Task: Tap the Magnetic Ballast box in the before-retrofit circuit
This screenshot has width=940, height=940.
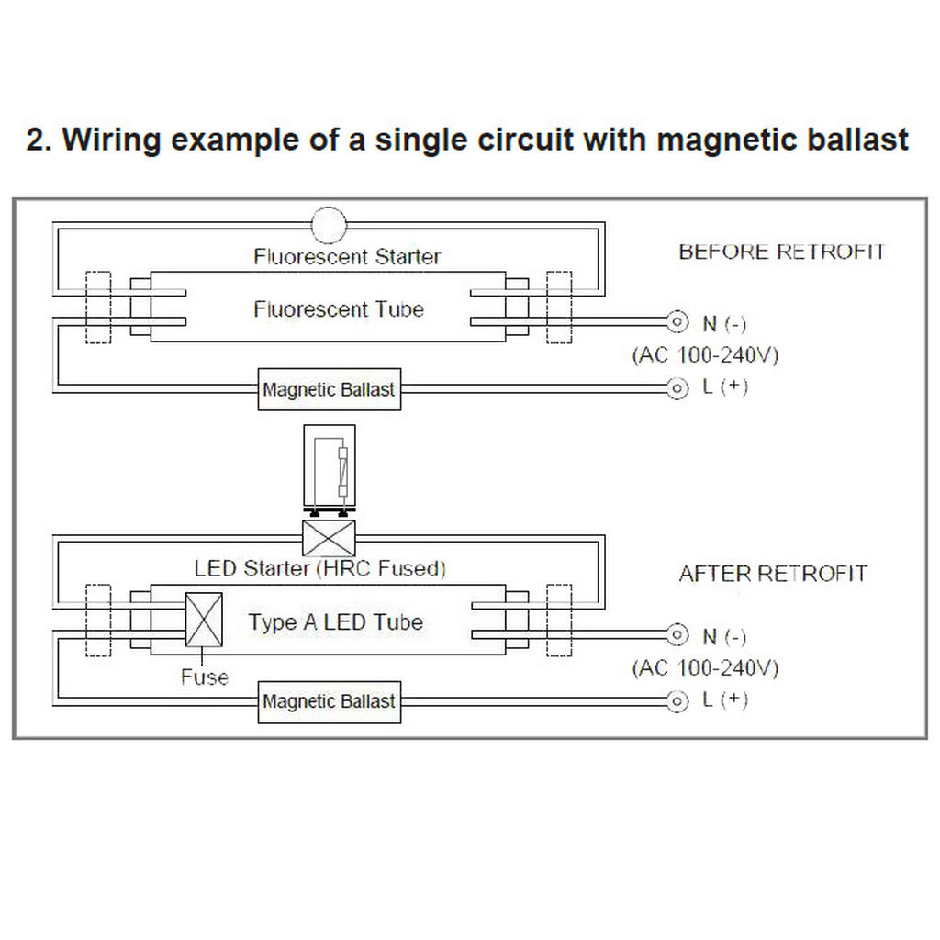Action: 330,389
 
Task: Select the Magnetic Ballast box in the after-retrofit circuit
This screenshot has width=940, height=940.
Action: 330,701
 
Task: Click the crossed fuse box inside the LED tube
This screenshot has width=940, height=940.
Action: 204,620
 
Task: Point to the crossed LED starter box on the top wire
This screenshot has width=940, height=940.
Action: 329,538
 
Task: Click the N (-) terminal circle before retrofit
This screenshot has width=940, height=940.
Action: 677,322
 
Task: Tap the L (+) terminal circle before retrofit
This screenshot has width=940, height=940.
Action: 677,388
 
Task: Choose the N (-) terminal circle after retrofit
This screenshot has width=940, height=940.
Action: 677,635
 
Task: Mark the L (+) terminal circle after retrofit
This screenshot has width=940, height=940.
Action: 677,700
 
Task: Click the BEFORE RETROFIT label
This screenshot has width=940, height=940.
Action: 782,252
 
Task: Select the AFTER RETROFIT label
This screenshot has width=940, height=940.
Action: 773,574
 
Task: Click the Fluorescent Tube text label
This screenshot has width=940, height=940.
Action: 339,309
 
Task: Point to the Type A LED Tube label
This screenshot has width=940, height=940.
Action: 336,622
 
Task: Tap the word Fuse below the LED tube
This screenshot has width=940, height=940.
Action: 205,677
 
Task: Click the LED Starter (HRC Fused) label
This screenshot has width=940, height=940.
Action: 320,568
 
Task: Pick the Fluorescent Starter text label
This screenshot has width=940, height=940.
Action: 347,257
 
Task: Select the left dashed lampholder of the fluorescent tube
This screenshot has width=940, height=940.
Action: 98,308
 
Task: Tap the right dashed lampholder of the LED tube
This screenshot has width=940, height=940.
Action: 559,620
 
